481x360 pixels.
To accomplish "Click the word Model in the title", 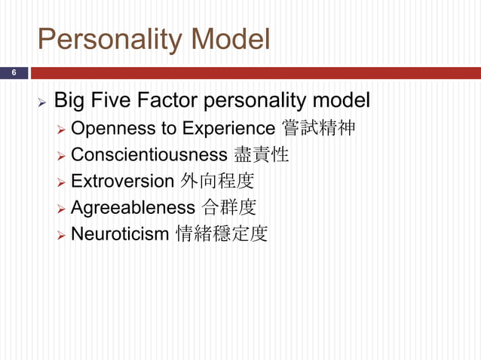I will click(x=233, y=40).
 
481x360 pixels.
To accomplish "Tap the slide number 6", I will click(x=13, y=73).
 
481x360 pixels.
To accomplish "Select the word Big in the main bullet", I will click(x=70, y=100).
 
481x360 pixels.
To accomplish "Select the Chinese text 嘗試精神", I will click(x=317, y=129).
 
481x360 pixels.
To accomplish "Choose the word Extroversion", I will click(x=122, y=182).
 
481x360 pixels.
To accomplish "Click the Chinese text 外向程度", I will click(x=217, y=182).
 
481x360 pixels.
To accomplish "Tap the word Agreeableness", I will click(x=133, y=208).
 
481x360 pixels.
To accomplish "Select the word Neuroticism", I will click(x=120, y=234).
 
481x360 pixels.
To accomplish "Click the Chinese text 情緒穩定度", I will click(x=221, y=234).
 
